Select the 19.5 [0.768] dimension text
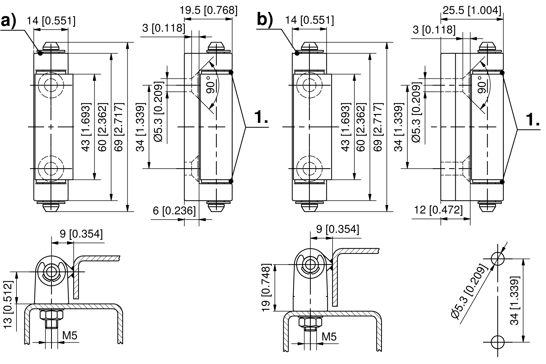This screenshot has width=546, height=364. (x=208, y=10)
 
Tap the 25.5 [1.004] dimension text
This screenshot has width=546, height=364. (x=472, y=10)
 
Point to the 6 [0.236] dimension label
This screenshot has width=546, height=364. (x=174, y=210)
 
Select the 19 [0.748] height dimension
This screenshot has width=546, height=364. (x=266, y=287)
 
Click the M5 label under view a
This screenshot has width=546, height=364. (x=70, y=335)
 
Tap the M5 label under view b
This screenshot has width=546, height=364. (x=329, y=337)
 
